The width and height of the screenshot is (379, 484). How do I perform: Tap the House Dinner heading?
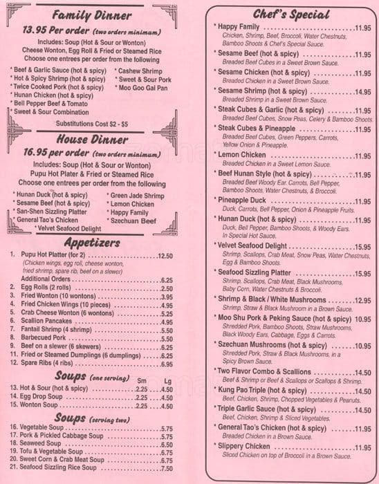91,139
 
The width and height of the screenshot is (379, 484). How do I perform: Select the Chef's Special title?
291,13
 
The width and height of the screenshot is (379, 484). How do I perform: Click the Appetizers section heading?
91,242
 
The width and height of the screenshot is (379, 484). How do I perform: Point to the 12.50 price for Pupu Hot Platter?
165,255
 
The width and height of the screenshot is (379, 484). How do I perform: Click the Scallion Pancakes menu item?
54,322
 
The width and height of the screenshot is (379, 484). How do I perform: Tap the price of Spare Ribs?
166,364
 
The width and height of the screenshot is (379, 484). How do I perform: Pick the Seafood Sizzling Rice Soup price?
166,468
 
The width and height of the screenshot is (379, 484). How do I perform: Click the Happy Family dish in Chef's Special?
239,26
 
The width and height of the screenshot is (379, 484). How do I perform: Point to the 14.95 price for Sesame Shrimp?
362,91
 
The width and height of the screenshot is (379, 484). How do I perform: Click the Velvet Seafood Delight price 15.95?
362,246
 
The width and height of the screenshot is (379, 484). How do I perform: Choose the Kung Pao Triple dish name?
247,391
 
